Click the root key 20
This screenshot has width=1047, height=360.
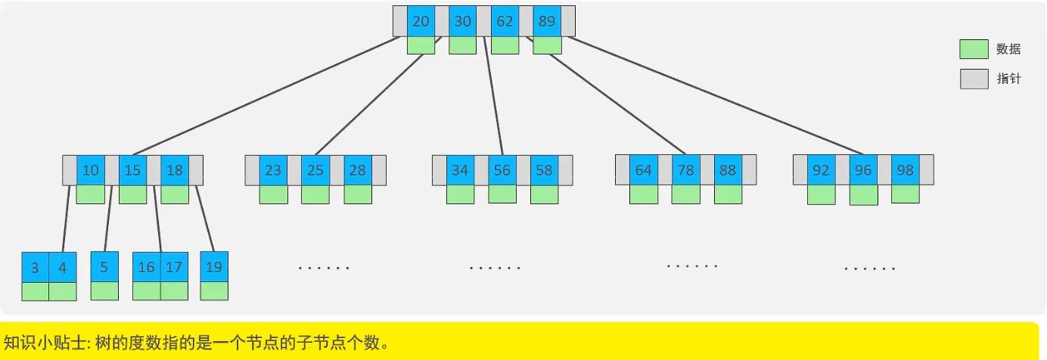tap(421, 21)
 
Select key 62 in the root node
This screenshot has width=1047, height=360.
tap(505, 21)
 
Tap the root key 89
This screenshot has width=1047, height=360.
tap(547, 21)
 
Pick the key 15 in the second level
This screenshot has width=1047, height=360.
tap(132, 170)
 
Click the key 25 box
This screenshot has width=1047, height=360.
tap(315, 170)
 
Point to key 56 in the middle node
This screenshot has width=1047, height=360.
tap(502, 170)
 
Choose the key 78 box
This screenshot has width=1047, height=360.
tap(685, 170)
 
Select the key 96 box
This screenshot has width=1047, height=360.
tap(863, 170)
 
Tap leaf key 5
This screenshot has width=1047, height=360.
tap(104, 267)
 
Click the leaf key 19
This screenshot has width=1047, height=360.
tap(214, 267)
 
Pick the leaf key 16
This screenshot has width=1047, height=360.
tap(146, 267)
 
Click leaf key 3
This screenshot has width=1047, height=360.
tap(35, 268)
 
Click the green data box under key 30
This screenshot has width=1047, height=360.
tap(462, 45)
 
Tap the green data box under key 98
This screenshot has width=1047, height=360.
tap(906, 194)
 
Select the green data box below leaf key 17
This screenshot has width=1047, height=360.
tap(174, 291)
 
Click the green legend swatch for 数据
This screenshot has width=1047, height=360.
tap(974, 49)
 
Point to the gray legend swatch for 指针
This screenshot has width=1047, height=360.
tap(974, 79)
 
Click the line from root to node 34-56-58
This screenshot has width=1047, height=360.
tap(493, 96)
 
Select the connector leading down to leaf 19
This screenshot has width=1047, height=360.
tap(205, 219)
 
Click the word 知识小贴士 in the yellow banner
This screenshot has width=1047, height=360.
tap(45, 343)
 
